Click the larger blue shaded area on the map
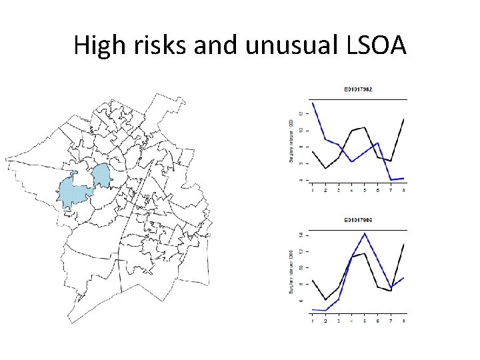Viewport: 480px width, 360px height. click(x=74, y=193)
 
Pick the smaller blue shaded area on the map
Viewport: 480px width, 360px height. click(x=101, y=175)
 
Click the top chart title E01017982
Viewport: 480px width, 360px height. click(x=358, y=89)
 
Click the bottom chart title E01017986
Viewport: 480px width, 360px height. click(x=358, y=219)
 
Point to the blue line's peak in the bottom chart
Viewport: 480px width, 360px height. click(x=365, y=233)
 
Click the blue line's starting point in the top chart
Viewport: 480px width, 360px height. click(x=313, y=102)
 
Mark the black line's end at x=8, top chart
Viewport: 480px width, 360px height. click(x=404, y=119)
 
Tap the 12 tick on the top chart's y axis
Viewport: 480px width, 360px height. click(x=301, y=113)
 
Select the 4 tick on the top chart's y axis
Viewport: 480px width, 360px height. click(x=301, y=180)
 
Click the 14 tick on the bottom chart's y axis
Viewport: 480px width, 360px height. click(x=301, y=235)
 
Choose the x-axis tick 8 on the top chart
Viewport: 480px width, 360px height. click(x=404, y=191)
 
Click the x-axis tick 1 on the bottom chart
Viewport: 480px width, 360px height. click(x=313, y=321)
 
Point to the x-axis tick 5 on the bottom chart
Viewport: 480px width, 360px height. click(x=365, y=321)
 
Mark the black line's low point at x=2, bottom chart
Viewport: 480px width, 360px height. click(x=325, y=299)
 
